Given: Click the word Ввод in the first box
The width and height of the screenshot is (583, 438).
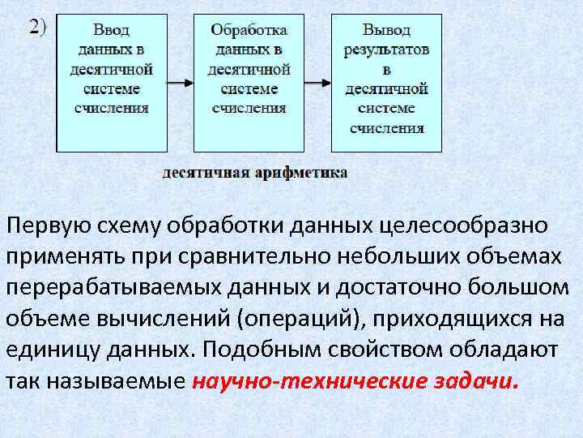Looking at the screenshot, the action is (111, 31).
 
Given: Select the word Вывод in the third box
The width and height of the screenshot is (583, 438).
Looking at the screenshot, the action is (386, 30).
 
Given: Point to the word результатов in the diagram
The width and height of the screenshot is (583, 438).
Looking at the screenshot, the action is (386, 49).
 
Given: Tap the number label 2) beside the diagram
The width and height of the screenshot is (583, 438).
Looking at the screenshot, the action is (38, 26).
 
